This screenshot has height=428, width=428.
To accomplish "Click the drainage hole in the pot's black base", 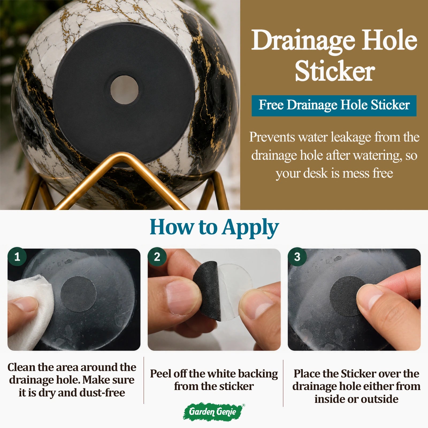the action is pos(124,90).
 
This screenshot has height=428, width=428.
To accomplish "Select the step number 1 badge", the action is pos(17,257).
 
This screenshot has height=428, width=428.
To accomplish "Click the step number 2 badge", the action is pos(157,257).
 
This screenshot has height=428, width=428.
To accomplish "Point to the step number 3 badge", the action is pos(297,257).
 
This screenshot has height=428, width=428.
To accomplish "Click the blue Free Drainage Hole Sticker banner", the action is pos(334,106).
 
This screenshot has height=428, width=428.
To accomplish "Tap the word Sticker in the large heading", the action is pos(335,71).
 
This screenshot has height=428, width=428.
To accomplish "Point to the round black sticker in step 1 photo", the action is pos(78,294).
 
